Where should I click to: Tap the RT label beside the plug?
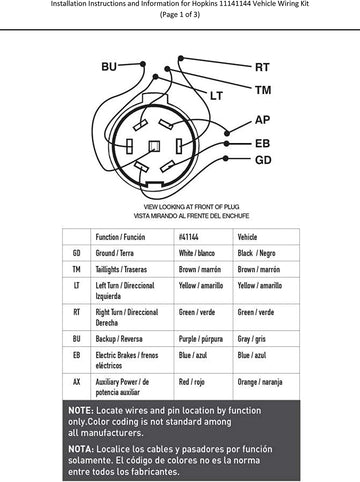(262, 68)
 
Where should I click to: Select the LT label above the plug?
(215, 95)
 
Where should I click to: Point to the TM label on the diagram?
(263, 90)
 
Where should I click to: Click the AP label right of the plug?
(263, 119)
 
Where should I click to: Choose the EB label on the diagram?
(263, 143)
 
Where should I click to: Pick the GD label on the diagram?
(263, 160)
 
